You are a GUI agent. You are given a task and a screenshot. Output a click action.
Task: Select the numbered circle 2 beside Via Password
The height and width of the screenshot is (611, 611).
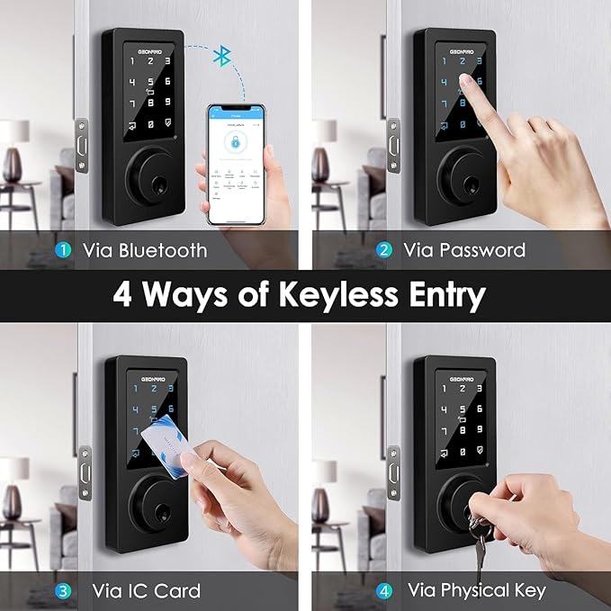coord(384,249)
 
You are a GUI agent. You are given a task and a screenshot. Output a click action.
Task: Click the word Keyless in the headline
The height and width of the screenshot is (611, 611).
coord(329,295)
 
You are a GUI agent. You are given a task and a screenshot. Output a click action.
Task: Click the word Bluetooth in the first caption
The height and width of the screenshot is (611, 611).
coord(163,249)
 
